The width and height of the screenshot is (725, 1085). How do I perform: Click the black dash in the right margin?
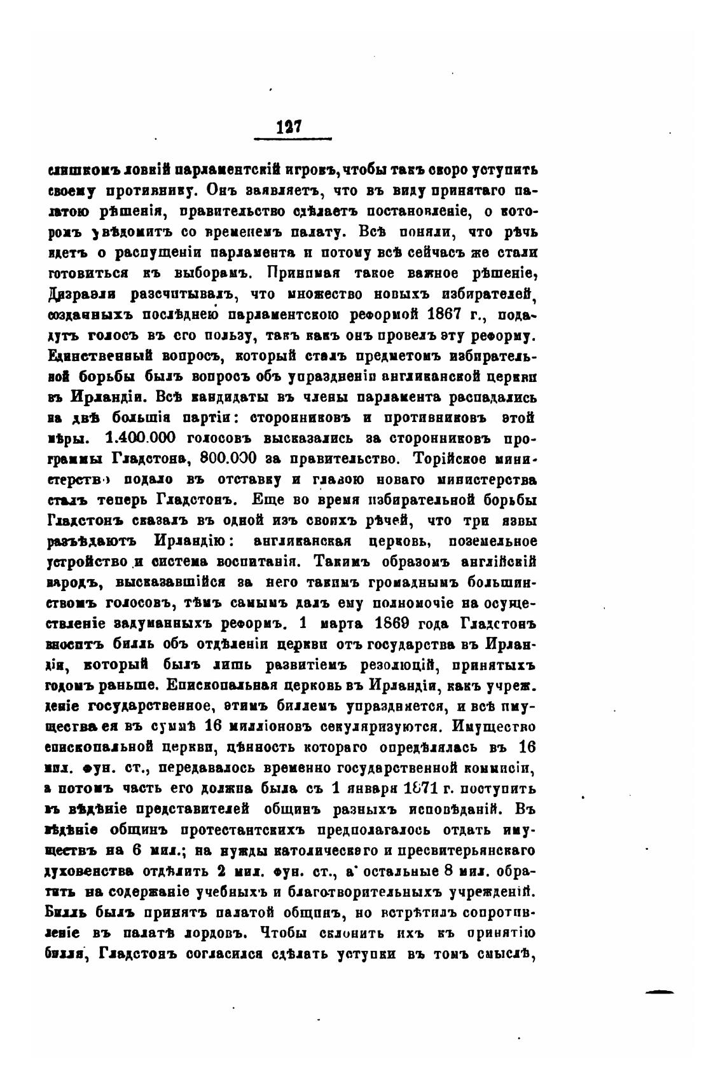[x=659, y=991]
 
